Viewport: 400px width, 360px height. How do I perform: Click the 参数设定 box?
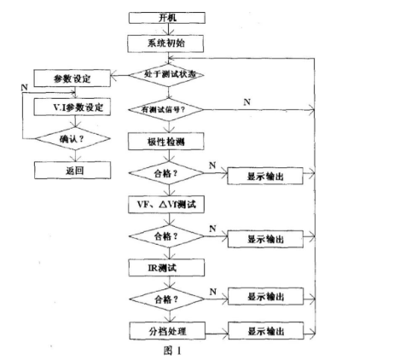(72, 79)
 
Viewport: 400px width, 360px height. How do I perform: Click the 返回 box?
(72, 170)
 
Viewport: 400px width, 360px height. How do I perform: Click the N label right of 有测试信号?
(246, 102)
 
